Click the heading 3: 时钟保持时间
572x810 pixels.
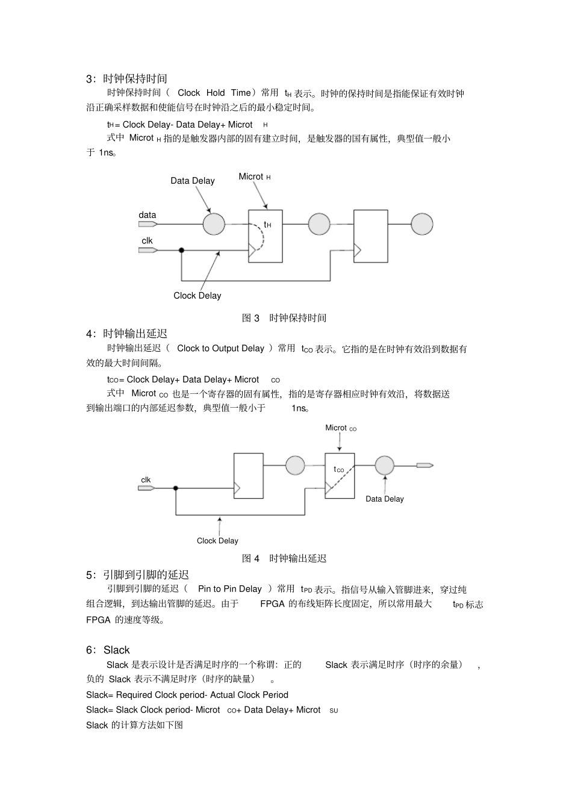tap(126, 79)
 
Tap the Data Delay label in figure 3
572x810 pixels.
tap(192, 181)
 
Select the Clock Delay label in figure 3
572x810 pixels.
tap(197, 296)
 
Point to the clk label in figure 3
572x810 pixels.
tap(147, 241)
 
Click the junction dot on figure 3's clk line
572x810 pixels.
tap(181, 250)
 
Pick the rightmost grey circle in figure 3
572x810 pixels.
tap(422, 224)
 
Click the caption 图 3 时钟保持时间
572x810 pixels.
tap(284, 318)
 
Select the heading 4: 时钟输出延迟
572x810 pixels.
tap(126, 334)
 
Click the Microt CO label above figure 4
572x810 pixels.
tap(341, 428)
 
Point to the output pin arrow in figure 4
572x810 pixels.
tap(424, 465)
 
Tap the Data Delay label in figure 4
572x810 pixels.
tap(385, 499)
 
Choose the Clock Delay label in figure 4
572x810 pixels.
tap(217, 541)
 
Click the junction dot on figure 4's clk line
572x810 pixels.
tap(176, 488)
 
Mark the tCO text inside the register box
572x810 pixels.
tap(339, 470)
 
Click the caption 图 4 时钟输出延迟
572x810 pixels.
tap(284, 559)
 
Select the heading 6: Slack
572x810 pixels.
tap(108, 650)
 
